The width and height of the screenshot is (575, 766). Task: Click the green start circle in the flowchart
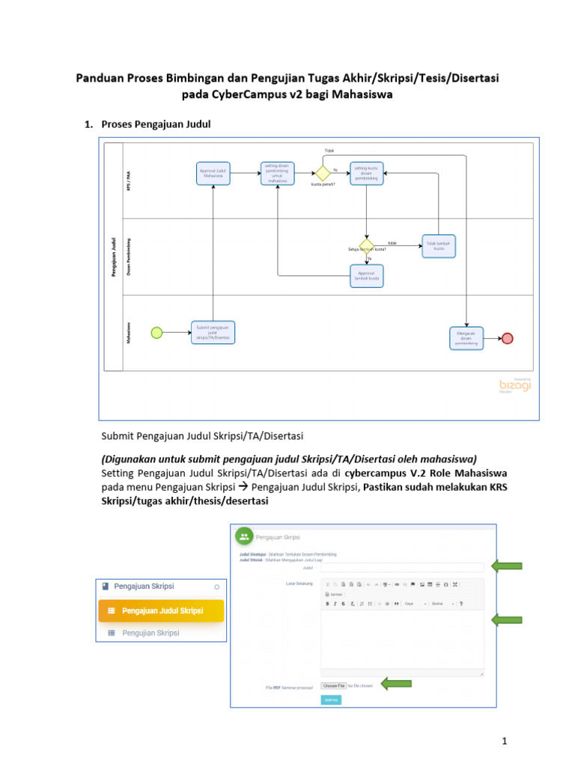click(156, 333)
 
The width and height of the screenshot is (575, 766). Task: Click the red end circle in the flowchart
click(507, 338)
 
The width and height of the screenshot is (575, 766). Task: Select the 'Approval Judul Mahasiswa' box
click(213, 173)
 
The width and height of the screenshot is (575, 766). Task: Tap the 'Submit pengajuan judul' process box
click(213, 333)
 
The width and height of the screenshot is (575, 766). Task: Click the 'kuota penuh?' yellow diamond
click(323, 173)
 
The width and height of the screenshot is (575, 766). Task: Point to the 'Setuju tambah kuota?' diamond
click(367, 246)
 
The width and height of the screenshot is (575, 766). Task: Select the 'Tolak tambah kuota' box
click(438, 245)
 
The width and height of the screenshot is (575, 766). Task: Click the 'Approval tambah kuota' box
click(367, 276)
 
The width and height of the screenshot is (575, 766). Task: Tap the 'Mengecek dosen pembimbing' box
click(466, 338)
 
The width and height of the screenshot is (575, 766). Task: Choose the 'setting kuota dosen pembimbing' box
click(367, 173)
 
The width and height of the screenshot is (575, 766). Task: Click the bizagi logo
click(515, 384)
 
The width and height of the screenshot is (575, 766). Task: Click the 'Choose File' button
click(334, 685)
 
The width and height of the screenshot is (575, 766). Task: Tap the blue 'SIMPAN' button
click(330, 699)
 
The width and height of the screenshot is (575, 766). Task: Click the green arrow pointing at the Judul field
click(506, 566)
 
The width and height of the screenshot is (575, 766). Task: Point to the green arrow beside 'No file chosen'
click(396, 683)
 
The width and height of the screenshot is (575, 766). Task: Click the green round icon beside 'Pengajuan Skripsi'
click(244, 536)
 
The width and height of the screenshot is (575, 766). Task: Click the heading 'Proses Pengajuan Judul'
click(156, 124)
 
